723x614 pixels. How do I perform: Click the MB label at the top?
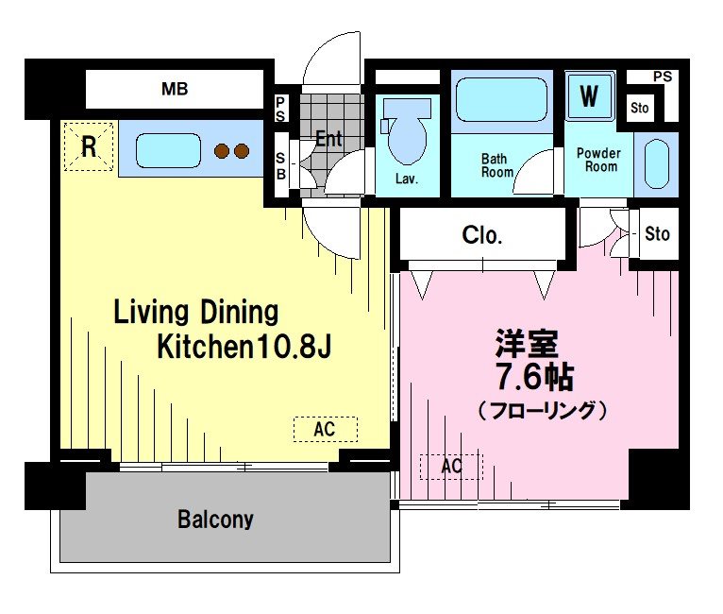[175, 91]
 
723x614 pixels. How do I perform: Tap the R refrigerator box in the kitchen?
[88, 148]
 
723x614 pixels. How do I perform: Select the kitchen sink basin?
[167, 150]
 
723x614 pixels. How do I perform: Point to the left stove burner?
[223, 150]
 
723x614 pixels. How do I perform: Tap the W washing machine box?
[589, 96]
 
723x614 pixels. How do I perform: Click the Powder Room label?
[598, 160]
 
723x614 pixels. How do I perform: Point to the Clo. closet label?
[481, 235]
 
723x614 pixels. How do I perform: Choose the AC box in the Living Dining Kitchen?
[325, 429]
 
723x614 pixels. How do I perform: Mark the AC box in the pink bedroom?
[451, 466]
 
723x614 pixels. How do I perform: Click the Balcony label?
[215, 520]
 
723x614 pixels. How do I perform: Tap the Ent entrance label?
[328, 139]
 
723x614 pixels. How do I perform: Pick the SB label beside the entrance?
[281, 165]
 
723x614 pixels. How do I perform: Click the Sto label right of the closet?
[657, 233]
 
